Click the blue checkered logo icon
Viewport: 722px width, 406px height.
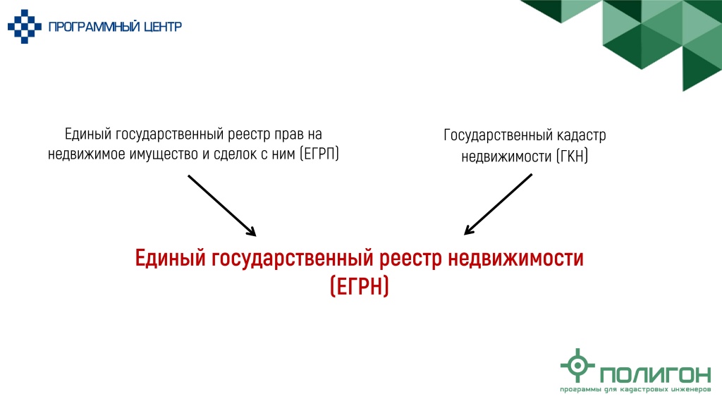click(25, 27)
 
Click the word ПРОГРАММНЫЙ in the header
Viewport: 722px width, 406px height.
click(94, 27)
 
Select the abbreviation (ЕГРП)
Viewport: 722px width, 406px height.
click(319, 154)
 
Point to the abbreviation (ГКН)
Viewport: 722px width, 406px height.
click(572, 156)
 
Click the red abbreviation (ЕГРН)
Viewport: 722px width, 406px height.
click(360, 286)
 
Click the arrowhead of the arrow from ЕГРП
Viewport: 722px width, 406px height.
click(252, 231)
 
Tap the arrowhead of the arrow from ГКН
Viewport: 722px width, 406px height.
click(469, 230)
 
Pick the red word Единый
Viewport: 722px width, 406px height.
click(171, 258)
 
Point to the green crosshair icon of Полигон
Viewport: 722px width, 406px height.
click(577, 365)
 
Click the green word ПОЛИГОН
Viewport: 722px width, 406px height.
click(656, 375)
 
